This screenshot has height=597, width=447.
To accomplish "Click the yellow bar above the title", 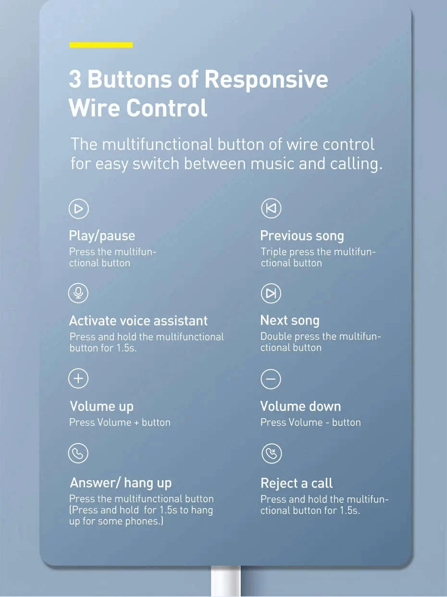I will pos(101,45).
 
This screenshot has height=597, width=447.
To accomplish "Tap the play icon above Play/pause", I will pos(78,208).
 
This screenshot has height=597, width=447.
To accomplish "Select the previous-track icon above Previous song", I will pos(271,208).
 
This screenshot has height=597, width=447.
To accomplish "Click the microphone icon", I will pos(78,293).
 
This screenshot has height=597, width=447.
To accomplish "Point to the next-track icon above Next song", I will pos(271,293).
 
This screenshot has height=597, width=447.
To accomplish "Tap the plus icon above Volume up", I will pos(78,379).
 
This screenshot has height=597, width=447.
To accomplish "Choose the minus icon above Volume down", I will pos(271,379).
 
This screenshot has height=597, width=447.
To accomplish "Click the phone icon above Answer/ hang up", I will pos(78,453).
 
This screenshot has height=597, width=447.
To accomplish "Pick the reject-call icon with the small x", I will pos(271,453).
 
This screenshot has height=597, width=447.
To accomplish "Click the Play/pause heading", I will pos(102,236).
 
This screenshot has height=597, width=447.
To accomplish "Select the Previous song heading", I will pos(302,236).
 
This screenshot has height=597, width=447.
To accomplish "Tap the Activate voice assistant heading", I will pos(138,321).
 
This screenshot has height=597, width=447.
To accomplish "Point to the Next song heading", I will pos(290,320).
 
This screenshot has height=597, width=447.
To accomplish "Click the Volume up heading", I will pos(101,406).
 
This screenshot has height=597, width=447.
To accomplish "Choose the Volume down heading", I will pos(300,406).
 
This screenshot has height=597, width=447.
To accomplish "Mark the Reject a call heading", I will pos(297,483).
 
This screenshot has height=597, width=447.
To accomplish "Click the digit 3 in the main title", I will pos(75,79).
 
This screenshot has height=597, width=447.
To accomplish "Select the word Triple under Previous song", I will pos(273,252).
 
